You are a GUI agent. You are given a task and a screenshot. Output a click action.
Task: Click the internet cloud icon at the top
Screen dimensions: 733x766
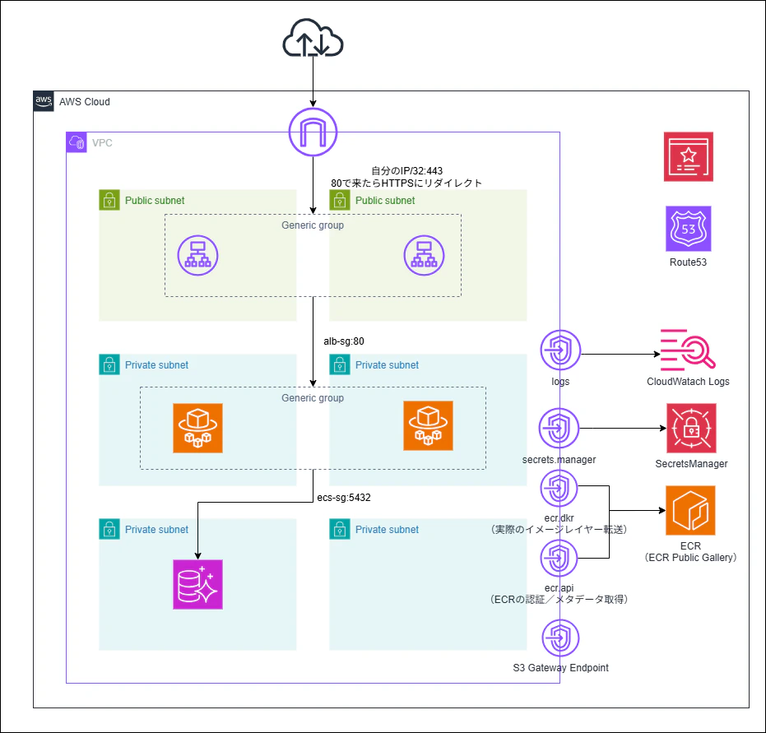(313, 39)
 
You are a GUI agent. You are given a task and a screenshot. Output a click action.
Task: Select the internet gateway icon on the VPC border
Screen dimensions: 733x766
(313, 132)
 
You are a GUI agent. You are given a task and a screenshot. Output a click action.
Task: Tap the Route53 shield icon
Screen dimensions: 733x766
(689, 228)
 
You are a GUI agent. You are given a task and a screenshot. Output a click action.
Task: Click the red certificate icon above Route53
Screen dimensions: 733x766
(689, 156)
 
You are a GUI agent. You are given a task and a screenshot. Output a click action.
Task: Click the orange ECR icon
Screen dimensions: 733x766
(690, 510)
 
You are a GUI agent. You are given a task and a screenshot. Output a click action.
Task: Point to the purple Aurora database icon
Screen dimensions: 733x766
(197, 584)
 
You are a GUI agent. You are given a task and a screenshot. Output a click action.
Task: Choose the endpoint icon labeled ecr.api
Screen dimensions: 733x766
(560, 559)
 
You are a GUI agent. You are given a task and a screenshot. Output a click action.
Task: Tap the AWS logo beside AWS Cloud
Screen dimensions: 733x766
(44, 101)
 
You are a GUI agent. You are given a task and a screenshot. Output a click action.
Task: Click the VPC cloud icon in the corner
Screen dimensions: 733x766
(77, 141)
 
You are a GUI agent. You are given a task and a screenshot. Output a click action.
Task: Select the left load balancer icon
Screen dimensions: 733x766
(198, 254)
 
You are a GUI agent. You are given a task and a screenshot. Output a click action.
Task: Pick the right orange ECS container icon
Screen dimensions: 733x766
(428, 426)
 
